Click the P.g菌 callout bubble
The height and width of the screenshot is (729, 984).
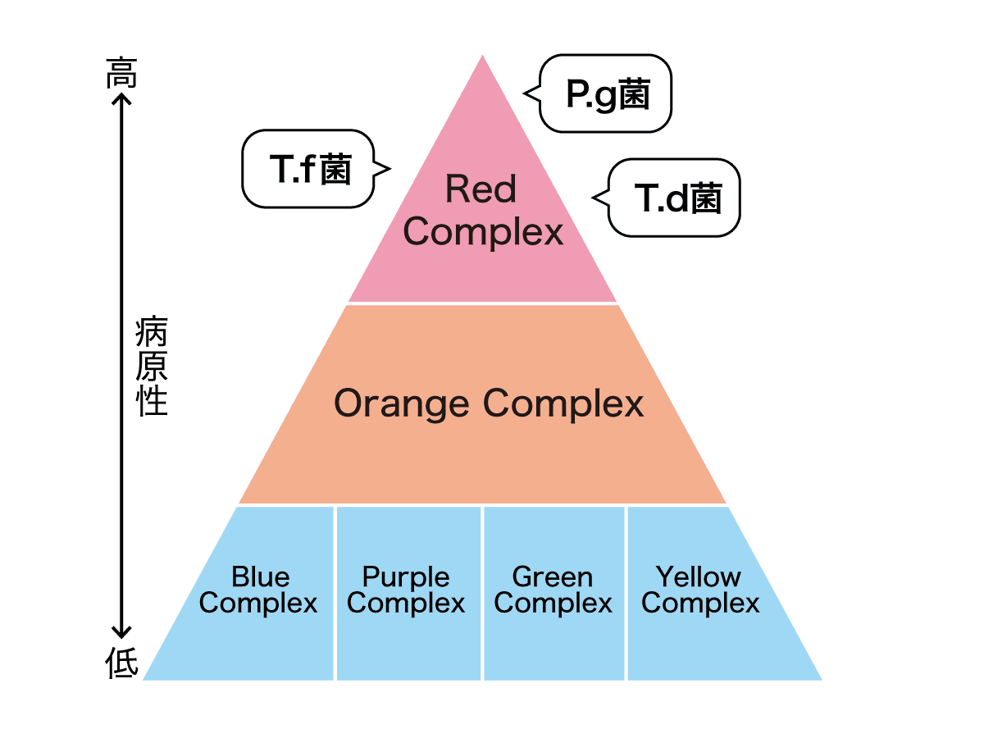[607, 94]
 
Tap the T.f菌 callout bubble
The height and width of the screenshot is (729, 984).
[310, 169]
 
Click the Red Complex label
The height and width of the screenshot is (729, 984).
[482, 212]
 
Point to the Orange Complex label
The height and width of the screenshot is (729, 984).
[489, 403]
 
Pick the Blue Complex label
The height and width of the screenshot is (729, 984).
[258, 590]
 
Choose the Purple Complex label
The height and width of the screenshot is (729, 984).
[406, 590]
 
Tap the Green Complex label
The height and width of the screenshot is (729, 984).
[553, 590]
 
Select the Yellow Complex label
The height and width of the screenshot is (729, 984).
[699, 590]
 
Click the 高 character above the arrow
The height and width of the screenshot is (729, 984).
[121, 74]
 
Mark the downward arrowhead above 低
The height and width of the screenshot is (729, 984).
[122, 631]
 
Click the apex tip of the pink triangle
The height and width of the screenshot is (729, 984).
[482, 59]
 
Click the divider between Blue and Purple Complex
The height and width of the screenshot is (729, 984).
[335, 592]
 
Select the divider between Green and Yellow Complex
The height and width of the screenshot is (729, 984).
[626, 592]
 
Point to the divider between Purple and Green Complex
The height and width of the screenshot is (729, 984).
[482, 592]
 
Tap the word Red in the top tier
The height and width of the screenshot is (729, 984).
[481, 190]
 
